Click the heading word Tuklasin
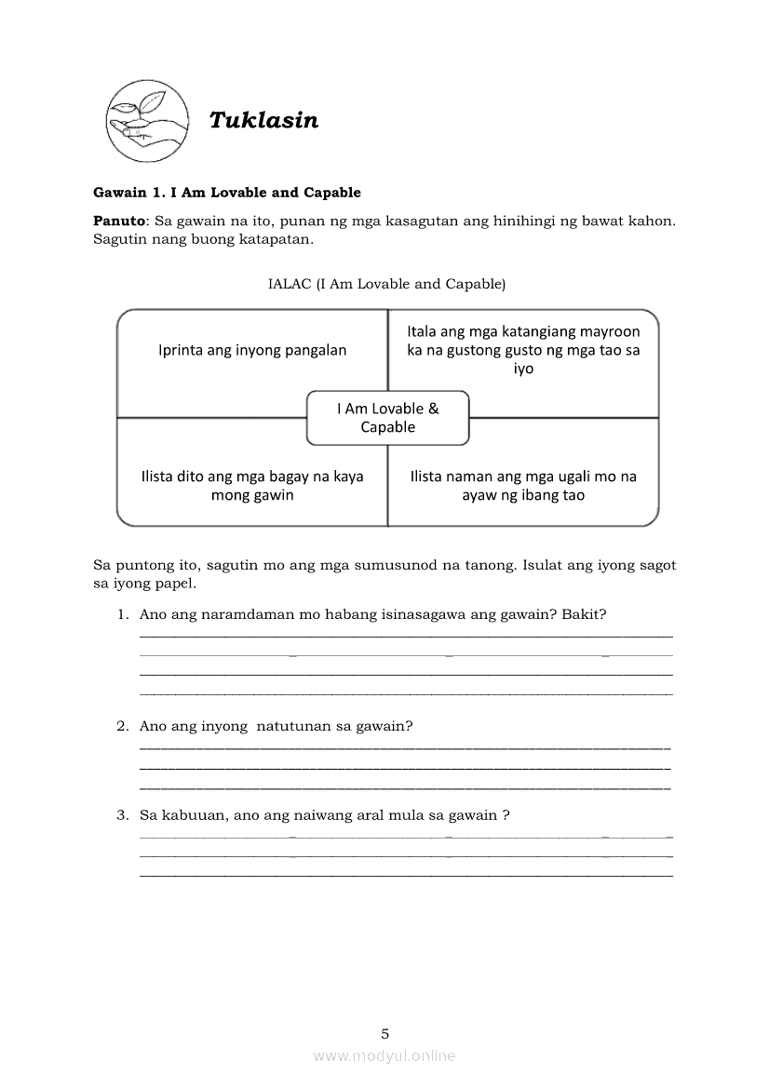[263, 120]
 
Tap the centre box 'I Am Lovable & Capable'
[387, 418]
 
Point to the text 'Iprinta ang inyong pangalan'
[252, 351]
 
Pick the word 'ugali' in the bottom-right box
[571, 477]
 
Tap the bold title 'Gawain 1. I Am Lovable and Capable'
[227, 193]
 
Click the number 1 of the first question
[121, 614]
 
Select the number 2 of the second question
[121, 726]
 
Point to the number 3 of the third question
[121, 815]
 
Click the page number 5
[384, 1033]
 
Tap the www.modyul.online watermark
[384, 1056]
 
